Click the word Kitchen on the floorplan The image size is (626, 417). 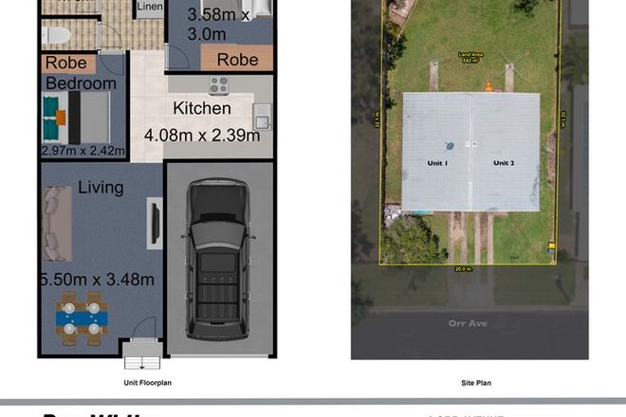coord(201,109)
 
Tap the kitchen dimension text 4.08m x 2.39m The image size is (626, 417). coord(202,136)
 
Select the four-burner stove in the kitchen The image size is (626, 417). coord(219,85)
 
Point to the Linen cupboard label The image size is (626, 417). coord(150,8)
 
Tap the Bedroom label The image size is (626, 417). coord(82,83)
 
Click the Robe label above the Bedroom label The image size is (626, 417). coord(66,63)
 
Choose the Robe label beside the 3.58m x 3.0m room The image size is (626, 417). coord(237,59)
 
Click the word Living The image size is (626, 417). coord(101,188)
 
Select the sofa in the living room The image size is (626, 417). coord(57,225)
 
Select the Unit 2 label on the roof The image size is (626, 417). coord(504,164)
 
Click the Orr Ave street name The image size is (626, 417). coord(469,323)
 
